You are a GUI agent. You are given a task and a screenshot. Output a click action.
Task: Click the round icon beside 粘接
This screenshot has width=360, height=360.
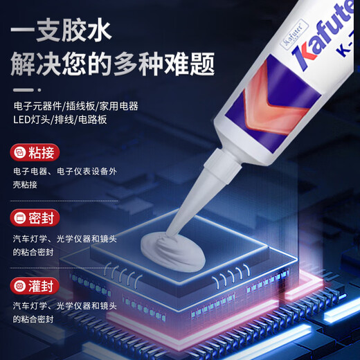point(20,151)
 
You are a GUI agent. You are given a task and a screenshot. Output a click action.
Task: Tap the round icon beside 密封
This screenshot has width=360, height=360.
point(20,218)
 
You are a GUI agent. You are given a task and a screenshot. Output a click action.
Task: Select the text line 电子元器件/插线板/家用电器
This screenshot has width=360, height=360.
point(75,107)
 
